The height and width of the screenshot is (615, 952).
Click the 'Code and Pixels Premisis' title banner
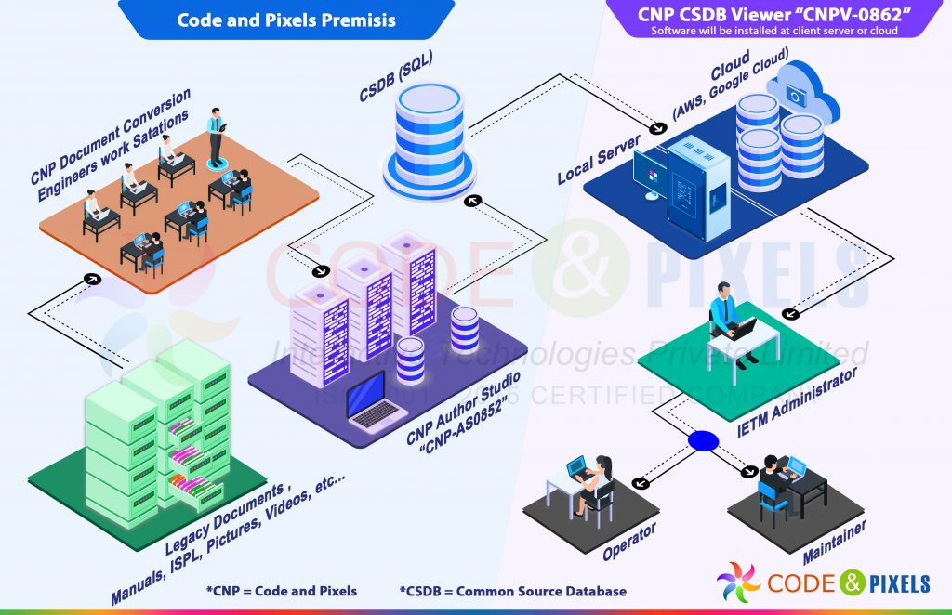[x=286, y=20]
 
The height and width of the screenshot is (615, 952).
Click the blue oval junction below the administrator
[x=703, y=440]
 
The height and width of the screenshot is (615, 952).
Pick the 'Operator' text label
[x=629, y=541]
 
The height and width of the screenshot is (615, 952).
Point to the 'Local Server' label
[x=599, y=159]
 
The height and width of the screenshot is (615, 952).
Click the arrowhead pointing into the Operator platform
[x=639, y=483]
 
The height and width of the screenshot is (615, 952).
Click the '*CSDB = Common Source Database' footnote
[x=513, y=591]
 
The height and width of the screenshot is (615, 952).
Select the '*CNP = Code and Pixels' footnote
[x=281, y=591]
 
